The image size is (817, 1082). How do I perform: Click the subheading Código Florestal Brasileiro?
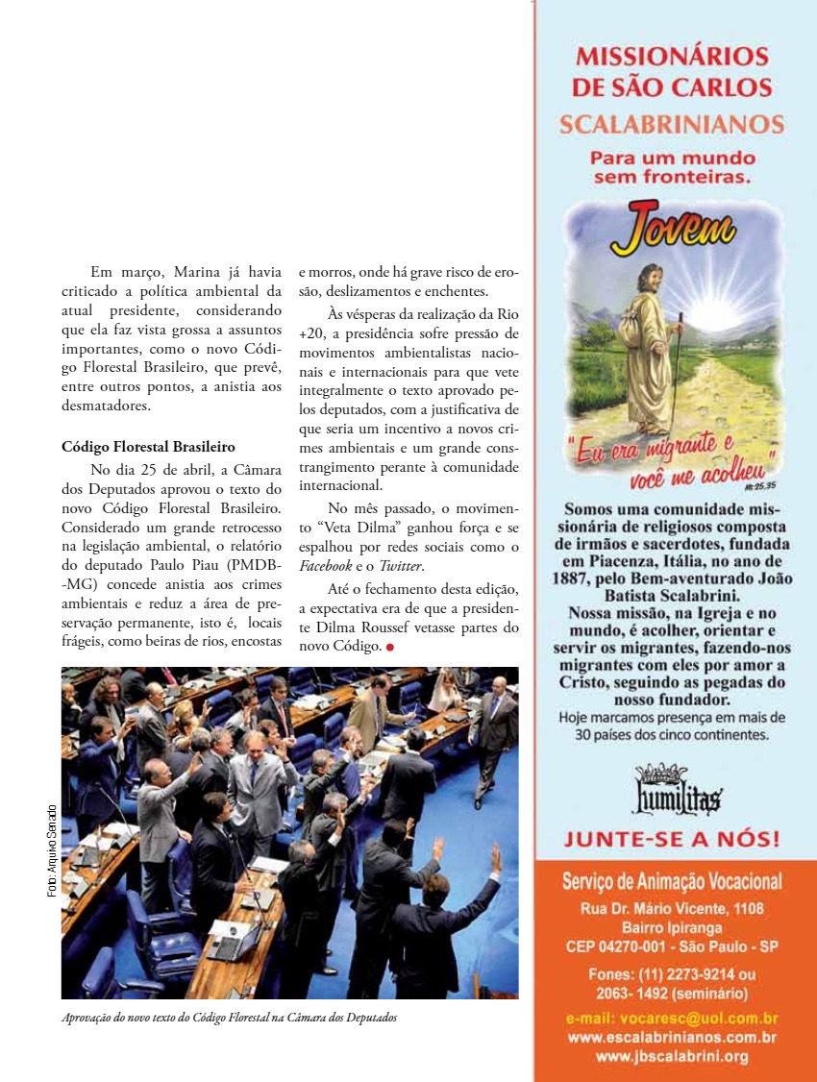click(148, 447)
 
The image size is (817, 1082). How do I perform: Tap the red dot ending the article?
click(390, 648)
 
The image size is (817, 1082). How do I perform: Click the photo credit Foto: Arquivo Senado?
click(52, 850)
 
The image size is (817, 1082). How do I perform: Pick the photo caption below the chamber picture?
click(229, 1017)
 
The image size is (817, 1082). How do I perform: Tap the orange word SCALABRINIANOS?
click(671, 124)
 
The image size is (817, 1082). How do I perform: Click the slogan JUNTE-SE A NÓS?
click(671, 839)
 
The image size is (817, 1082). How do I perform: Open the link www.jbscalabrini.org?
click(672, 1056)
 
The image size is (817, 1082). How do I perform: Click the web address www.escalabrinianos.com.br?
click(672, 1037)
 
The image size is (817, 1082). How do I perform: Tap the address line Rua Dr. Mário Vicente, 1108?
click(672, 908)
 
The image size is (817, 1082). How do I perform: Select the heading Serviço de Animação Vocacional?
click(672, 881)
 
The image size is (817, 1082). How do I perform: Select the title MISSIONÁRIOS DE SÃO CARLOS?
click(671, 71)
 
